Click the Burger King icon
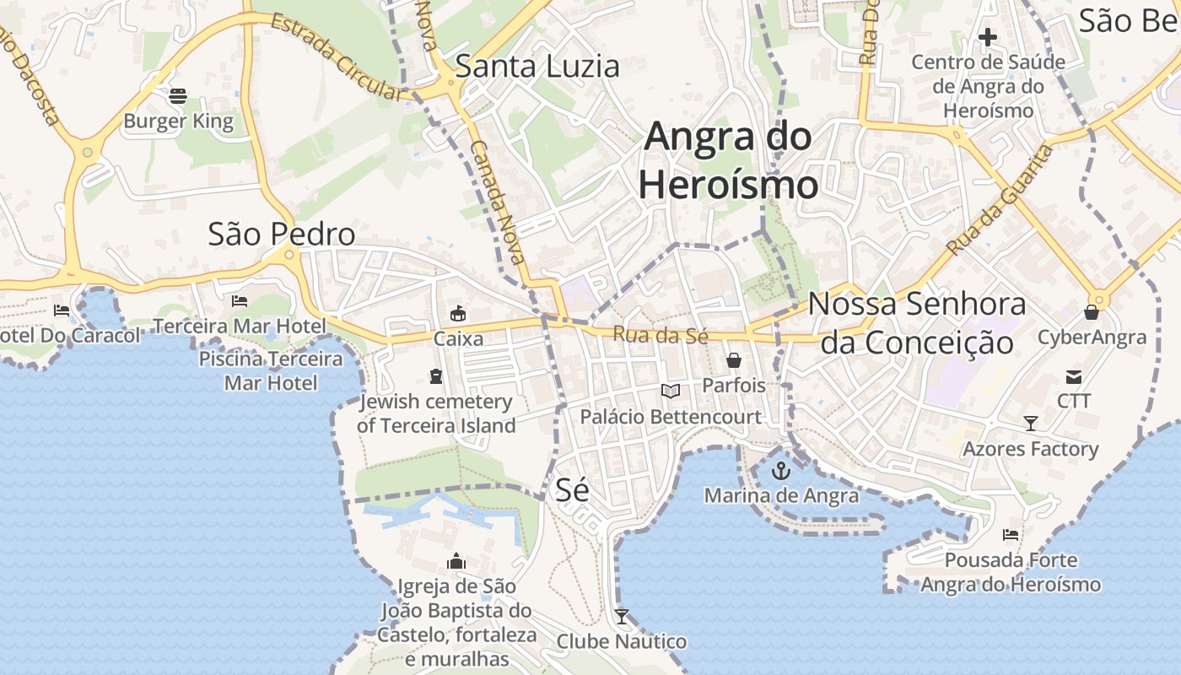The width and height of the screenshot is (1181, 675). pyautogui.click(x=177, y=96)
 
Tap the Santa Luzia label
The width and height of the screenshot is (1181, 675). pyautogui.click(x=537, y=66)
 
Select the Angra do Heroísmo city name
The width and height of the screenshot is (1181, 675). pyautogui.click(x=728, y=160)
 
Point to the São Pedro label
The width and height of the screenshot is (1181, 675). pyautogui.click(x=281, y=234)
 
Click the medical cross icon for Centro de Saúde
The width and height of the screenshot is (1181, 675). pyautogui.click(x=987, y=37)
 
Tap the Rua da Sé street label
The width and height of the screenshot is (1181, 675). pyautogui.click(x=660, y=335)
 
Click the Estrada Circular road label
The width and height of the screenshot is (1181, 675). pyautogui.click(x=338, y=57)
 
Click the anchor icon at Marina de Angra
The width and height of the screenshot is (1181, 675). pyautogui.click(x=781, y=471)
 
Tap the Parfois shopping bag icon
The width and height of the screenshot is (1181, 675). pyautogui.click(x=734, y=361)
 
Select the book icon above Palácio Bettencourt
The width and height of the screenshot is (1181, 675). pyautogui.click(x=670, y=391)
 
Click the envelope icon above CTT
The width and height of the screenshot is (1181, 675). pyautogui.click(x=1074, y=376)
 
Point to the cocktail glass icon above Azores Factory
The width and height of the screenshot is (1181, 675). pyautogui.click(x=1030, y=423)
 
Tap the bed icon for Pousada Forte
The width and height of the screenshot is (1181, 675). pyautogui.click(x=1010, y=535)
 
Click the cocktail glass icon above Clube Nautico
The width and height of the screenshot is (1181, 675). pyautogui.click(x=622, y=617)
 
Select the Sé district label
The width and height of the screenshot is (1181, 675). pyautogui.click(x=572, y=489)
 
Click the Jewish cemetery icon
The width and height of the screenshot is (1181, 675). pyautogui.click(x=436, y=376)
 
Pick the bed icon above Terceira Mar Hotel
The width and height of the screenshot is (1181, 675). pyautogui.click(x=240, y=301)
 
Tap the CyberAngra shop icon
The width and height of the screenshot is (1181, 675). pyautogui.click(x=1092, y=313)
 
